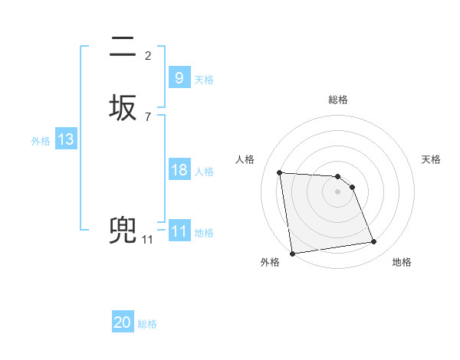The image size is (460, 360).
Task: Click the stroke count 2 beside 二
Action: click(147, 55)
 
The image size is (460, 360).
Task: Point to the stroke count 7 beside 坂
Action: click(147, 116)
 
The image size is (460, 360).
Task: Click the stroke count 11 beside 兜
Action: click(147, 240)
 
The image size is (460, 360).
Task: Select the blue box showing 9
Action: click(179, 78)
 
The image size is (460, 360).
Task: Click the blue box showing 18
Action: click(179, 170)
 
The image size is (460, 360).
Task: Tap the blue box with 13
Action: click(65, 139)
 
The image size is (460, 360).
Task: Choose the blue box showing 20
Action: click(123, 322)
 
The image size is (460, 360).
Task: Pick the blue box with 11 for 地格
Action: click(179, 231)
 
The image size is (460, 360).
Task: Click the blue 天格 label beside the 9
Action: click(204, 80)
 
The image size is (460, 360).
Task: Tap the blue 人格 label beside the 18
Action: click(204, 172)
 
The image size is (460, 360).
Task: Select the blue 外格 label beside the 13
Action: click(41, 141)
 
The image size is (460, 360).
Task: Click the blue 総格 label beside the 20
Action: click(147, 324)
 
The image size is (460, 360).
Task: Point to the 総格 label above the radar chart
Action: click(338, 100)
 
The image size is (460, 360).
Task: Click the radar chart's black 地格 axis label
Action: click(402, 262)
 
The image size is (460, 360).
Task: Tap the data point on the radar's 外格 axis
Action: click(292, 254)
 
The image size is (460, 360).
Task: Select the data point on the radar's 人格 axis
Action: click(279, 172)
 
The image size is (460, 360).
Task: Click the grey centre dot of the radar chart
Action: click(337, 191)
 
